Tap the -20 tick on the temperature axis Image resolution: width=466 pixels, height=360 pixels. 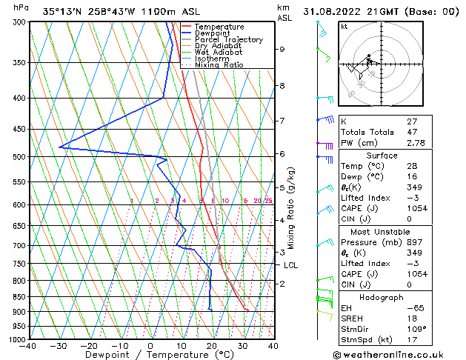point(89,346)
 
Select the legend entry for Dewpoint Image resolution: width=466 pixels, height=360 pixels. point(212,33)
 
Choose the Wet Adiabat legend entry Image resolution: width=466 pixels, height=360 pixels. point(217,52)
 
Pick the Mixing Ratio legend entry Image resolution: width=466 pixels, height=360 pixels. point(219,64)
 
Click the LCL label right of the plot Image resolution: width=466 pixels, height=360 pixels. point(290,265)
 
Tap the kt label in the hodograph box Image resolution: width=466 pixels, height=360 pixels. point(344,26)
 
